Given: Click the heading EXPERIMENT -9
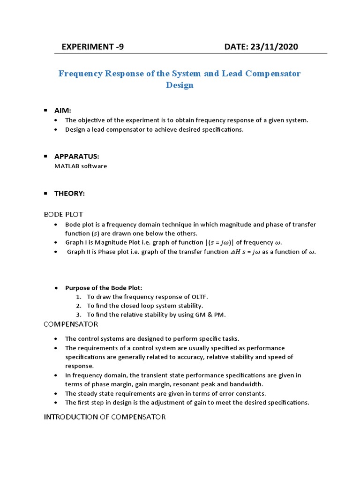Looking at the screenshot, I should [93, 46].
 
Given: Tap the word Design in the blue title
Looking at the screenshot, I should [180, 86].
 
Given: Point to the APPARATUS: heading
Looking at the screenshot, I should [77, 156].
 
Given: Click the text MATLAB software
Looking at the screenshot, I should [81, 166].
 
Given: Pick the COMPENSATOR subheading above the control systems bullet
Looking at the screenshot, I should [71, 324].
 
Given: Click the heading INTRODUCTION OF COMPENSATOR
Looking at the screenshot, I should [105, 417].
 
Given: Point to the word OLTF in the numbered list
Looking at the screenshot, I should [199, 297].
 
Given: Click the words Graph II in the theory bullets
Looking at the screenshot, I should [80, 252].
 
